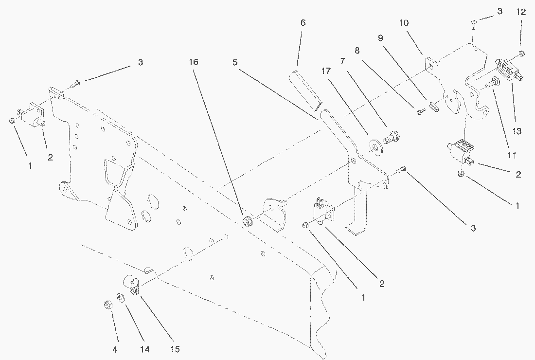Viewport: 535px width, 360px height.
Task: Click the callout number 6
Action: [303, 23]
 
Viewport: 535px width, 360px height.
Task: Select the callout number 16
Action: [194, 62]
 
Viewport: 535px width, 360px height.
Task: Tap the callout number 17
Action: [326, 71]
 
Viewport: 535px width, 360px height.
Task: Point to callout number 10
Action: [404, 23]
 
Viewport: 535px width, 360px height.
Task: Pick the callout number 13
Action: [517, 131]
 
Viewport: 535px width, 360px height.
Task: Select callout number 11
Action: [512, 155]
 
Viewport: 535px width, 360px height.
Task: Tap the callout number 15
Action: [175, 349]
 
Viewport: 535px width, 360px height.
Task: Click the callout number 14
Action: [144, 349]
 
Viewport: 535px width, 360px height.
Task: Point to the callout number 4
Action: [115, 350]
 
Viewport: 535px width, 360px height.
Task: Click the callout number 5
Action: [235, 62]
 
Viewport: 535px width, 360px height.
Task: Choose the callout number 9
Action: [381, 38]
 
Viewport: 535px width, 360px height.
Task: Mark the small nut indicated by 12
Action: [522, 53]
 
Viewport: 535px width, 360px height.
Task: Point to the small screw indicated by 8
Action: [421, 111]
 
